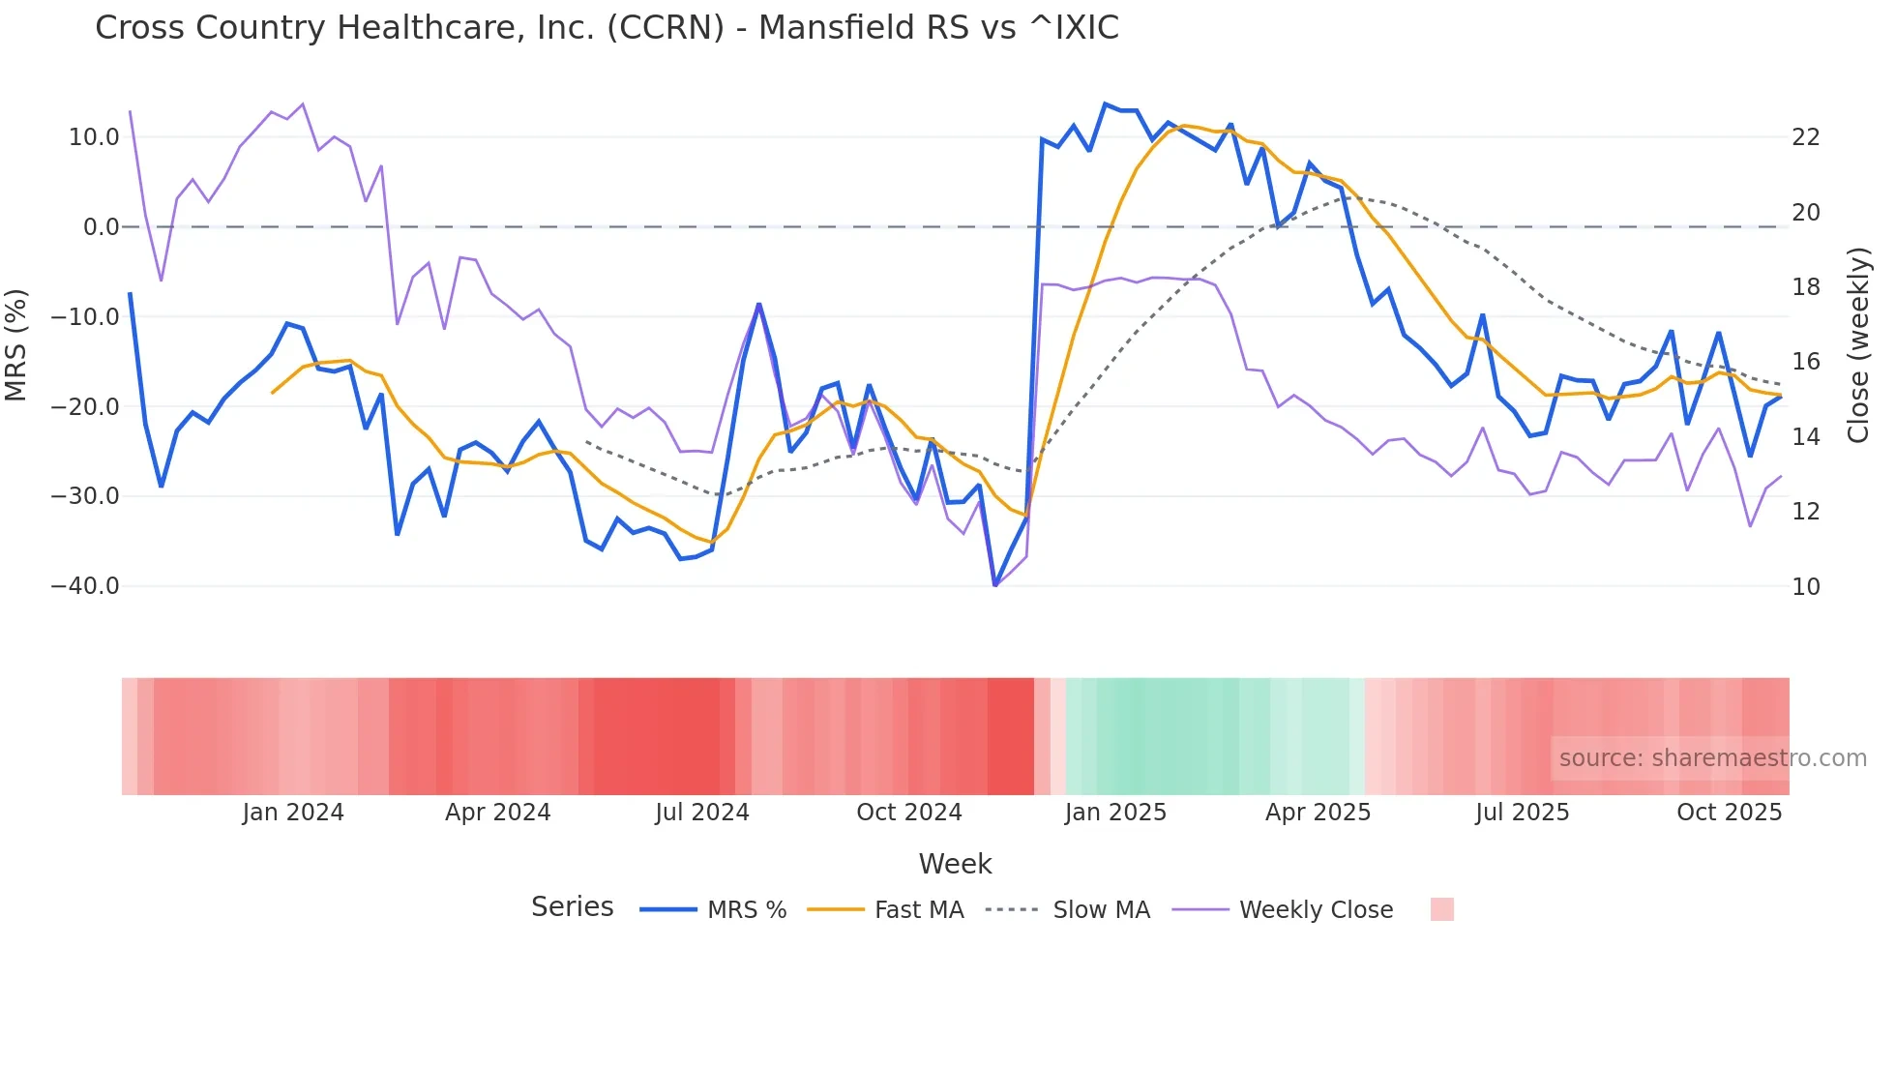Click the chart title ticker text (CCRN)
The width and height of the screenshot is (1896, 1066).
point(665,28)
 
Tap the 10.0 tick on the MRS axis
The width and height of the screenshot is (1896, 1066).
point(94,137)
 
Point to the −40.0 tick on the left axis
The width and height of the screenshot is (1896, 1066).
point(85,586)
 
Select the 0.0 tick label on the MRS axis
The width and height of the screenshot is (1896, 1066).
point(101,227)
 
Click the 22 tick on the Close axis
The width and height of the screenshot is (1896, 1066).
point(1806,137)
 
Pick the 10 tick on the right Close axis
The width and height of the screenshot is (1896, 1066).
point(1806,586)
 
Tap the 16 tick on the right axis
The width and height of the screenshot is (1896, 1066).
point(1806,362)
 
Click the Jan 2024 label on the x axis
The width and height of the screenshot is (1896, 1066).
point(293,813)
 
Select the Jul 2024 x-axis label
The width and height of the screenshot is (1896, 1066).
point(702,813)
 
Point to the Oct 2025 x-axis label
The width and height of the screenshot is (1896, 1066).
point(1729,813)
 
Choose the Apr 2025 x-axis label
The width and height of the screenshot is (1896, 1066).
point(1318,813)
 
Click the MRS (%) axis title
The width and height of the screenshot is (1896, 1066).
point(16,344)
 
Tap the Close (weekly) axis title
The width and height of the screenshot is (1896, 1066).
point(1858,345)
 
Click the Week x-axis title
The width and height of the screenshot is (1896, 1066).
point(955,864)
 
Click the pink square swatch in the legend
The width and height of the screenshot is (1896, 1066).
point(1441,909)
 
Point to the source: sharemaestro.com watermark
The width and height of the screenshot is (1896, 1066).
point(1712,758)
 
